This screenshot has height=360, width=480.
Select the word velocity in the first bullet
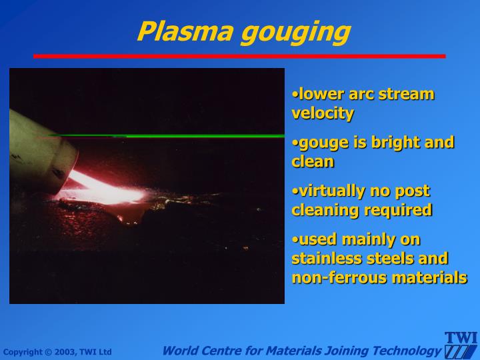tap(323, 113)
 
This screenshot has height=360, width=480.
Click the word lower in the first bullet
tap(317, 94)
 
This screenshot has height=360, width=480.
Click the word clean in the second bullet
tap(313, 161)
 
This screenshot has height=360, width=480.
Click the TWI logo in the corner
tap(461, 345)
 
